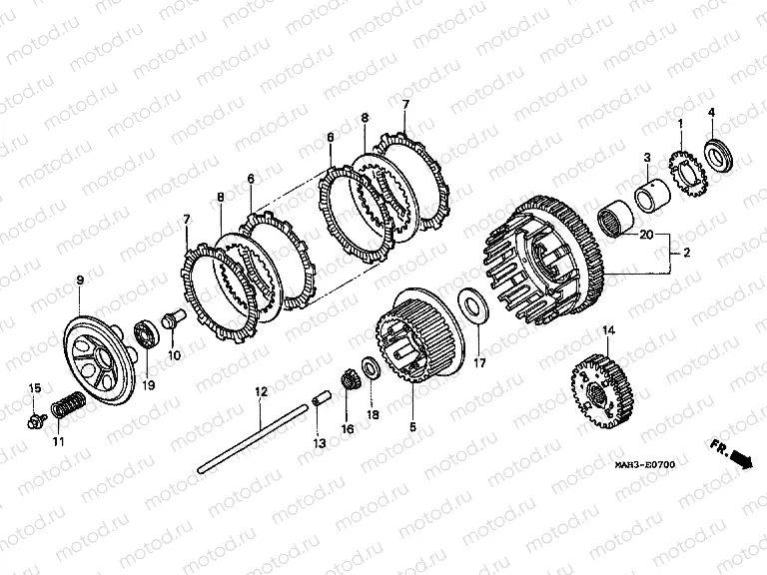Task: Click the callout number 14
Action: [x=608, y=331]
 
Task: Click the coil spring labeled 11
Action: [x=69, y=404]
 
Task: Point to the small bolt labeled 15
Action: [x=36, y=419]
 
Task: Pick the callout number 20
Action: [x=646, y=236]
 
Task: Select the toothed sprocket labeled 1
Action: [x=685, y=177]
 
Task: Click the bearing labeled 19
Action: [x=147, y=333]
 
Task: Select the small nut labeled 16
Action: [x=347, y=380]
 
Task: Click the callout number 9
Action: [x=80, y=281]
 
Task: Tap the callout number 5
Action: [x=412, y=427]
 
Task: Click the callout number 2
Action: [x=687, y=253]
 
